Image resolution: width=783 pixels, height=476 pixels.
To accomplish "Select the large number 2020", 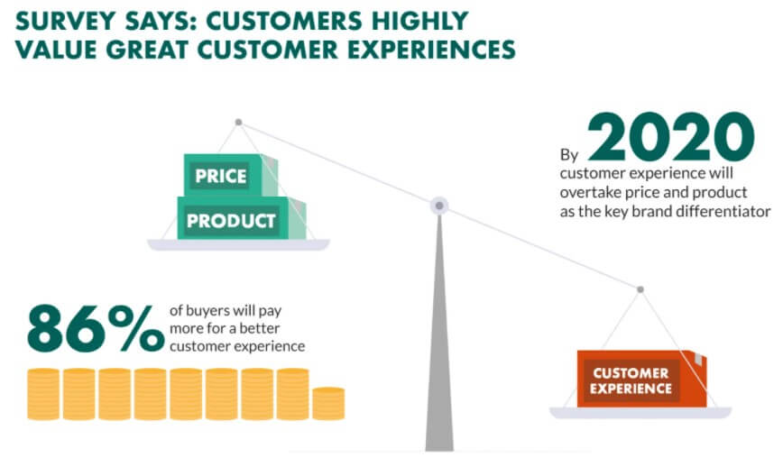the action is coord(670,137).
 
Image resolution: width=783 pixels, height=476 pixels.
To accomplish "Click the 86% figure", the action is coord(96,328).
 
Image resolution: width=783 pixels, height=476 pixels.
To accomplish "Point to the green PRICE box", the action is coord(230,175).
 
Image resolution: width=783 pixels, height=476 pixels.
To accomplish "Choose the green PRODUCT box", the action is coord(241,218).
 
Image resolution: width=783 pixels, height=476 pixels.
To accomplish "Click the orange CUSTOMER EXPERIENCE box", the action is coord(641,379).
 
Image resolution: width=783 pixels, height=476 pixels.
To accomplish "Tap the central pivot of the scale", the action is coord(439,206).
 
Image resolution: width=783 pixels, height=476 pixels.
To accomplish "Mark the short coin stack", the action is coord(328,403).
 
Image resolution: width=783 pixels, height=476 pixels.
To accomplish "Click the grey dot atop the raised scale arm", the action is coord(239,123).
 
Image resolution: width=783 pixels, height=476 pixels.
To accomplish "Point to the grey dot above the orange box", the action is coord(640,289).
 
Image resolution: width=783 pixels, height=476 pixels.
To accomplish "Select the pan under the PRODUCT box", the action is coord(238,244).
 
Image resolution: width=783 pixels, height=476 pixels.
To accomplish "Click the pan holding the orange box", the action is coord(640,413).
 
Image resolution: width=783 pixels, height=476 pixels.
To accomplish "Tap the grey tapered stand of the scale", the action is coord(439,334).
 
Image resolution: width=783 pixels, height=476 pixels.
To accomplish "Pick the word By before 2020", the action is coord(569,155).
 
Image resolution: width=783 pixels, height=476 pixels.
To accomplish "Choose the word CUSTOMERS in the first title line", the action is coord(283,21).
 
